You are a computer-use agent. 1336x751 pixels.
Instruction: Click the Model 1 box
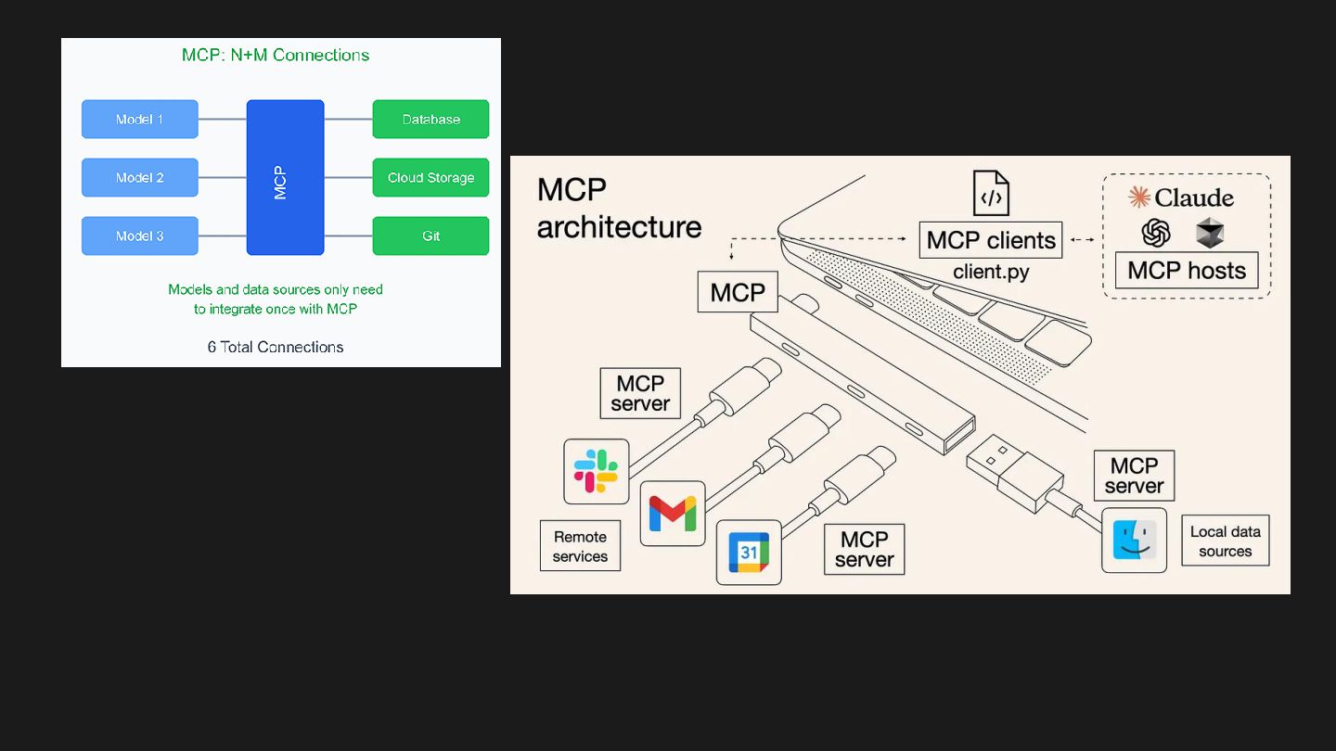tap(139, 120)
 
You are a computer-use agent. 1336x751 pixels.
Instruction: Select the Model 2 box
tap(139, 178)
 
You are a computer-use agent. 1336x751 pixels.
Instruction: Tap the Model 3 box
tap(139, 236)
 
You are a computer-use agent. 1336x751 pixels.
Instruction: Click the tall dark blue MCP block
tap(285, 178)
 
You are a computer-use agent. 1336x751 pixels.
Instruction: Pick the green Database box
tap(430, 120)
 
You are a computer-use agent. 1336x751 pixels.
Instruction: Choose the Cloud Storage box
tap(430, 178)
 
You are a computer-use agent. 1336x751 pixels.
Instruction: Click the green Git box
tap(430, 236)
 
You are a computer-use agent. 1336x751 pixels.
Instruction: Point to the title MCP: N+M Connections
tap(276, 55)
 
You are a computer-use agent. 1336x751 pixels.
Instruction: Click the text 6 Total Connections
tap(276, 347)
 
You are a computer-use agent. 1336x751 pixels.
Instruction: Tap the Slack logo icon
tap(596, 471)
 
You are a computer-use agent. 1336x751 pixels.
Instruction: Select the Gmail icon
tap(672, 514)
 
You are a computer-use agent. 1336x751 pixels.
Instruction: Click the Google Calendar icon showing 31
tap(749, 553)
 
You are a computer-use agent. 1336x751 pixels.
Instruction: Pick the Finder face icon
tap(1134, 540)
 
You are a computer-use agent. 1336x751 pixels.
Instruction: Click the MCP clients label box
tap(991, 240)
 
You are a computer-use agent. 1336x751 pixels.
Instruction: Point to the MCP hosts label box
tap(1187, 271)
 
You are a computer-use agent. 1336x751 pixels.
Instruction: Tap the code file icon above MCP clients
tap(991, 193)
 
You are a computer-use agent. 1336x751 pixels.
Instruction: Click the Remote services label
tap(581, 546)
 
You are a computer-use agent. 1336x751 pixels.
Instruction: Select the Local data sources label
tap(1225, 541)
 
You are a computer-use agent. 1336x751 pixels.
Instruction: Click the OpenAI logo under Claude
tap(1156, 233)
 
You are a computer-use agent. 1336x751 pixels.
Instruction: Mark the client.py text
tap(991, 272)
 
